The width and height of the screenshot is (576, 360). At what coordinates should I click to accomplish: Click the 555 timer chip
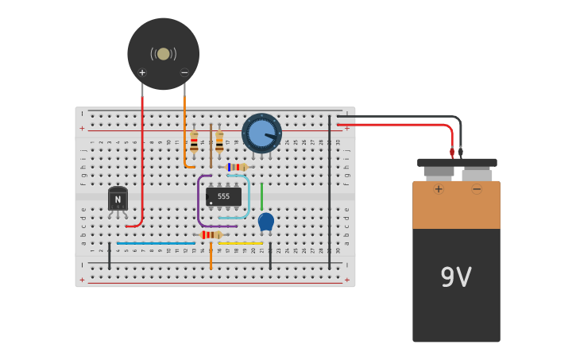223,195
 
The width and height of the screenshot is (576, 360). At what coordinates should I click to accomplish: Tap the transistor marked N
118,199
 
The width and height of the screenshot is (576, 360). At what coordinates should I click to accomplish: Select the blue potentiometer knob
261,133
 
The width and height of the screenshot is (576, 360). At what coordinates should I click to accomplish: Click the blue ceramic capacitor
266,221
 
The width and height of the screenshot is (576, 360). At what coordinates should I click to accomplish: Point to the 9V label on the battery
456,277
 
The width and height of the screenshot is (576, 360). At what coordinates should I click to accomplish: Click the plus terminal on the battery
438,189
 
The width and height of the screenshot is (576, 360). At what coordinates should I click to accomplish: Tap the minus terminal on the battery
477,189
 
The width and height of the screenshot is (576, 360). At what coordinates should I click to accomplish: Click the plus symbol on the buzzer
142,72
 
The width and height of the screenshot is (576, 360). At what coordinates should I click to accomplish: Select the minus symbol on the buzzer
184,72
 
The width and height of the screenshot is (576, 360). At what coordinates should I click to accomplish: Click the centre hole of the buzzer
164,54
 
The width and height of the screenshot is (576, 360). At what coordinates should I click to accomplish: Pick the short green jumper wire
261,196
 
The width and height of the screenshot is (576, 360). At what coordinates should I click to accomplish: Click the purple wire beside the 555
199,203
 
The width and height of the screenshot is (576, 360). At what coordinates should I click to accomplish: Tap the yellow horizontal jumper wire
241,243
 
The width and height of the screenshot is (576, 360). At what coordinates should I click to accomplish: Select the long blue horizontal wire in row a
156,243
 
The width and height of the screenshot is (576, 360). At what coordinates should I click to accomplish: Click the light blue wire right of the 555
249,199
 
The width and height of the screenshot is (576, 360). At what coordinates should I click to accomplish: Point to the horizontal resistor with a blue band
236,167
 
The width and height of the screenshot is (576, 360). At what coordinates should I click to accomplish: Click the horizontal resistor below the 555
211,234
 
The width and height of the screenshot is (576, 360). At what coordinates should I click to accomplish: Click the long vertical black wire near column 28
329,191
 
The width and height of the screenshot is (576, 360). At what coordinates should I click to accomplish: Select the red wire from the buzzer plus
142,159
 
